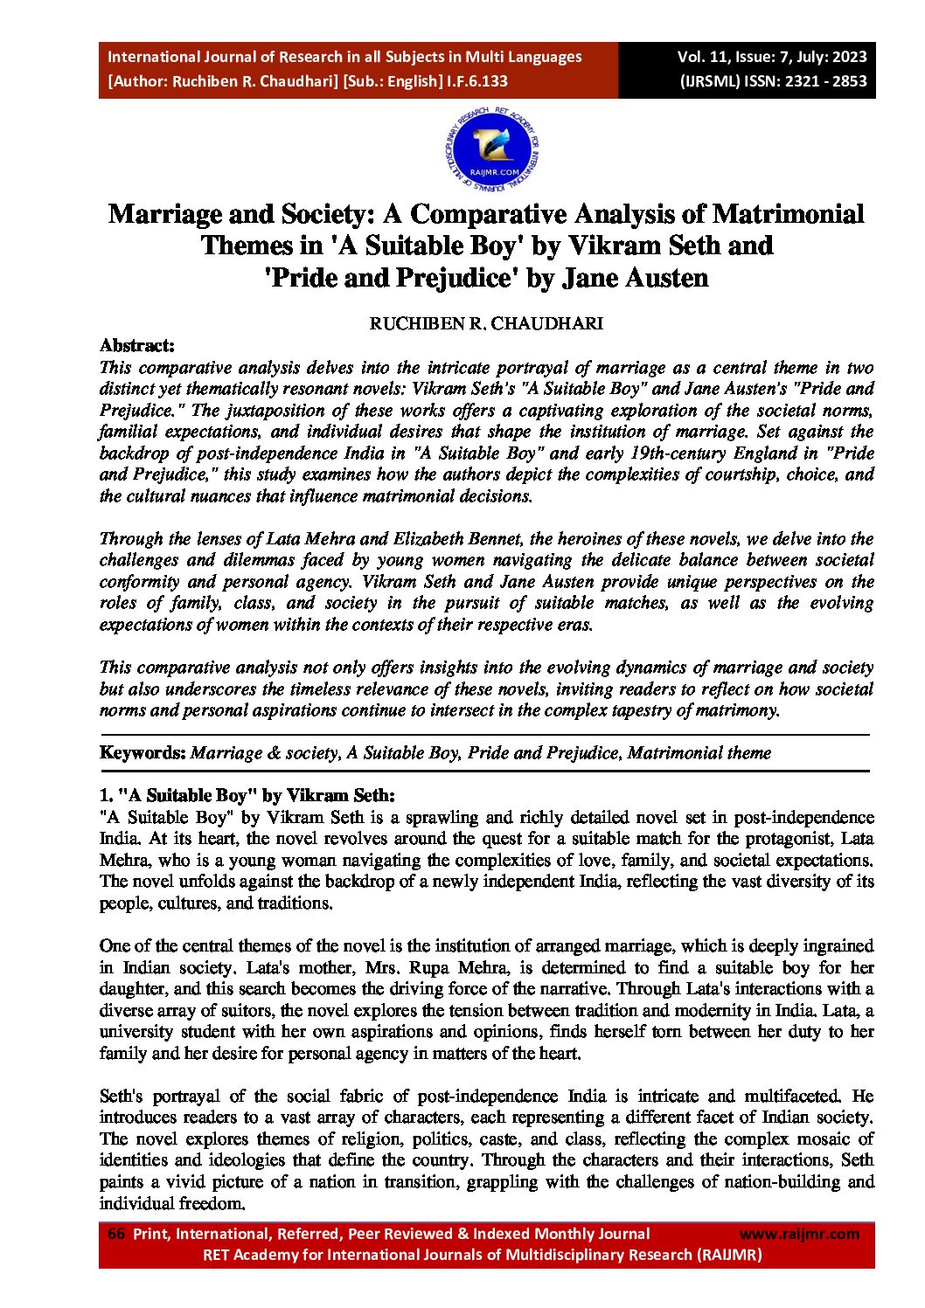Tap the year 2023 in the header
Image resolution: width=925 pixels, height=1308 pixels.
(850, 57)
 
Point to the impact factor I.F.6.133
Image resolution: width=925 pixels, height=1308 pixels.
(477, 81)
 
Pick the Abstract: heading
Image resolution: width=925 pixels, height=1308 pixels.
(137, 346)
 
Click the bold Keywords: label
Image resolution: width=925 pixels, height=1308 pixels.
(143, 753)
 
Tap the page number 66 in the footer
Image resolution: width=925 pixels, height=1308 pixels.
(115, 1234)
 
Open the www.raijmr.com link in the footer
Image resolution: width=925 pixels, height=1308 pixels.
(799, 1234)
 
